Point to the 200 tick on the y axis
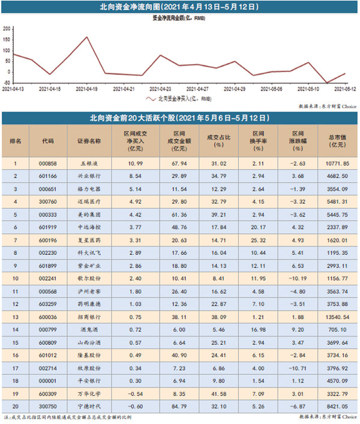click(7, 29)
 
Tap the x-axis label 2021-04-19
click(88, 88)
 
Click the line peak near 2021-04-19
click(87, 37)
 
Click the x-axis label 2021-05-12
click(345, 88)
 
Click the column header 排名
click(16, 141)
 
